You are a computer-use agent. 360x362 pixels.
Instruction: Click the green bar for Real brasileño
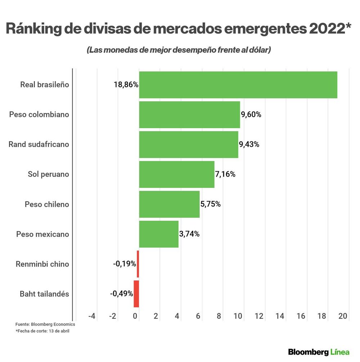coord(238,85)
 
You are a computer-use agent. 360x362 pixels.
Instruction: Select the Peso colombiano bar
coord(189,115)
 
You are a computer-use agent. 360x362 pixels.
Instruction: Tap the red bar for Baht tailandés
coord(136,294)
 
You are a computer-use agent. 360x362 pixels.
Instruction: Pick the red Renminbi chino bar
coord(138,264)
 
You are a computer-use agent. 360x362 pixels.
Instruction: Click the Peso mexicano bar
coord(159,234)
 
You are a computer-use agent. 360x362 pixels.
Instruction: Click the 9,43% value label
coord(249,145)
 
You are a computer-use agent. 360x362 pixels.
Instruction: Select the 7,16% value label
coord(225,175)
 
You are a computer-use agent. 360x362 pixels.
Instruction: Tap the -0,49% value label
coord(122,294)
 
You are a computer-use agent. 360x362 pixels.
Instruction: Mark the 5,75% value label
coord(210,204)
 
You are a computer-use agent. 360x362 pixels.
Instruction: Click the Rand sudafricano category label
coord(39,145)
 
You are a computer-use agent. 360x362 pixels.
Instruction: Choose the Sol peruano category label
coord(48,175)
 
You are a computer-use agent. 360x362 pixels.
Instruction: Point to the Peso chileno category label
coord(47,204)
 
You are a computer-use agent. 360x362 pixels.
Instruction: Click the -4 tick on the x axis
coord(92,316)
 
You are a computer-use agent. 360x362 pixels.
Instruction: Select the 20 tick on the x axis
coord(343,316)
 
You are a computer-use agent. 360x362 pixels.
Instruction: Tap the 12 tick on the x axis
coord(259,316)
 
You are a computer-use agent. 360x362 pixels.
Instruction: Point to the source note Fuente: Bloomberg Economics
coord(45,324)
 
